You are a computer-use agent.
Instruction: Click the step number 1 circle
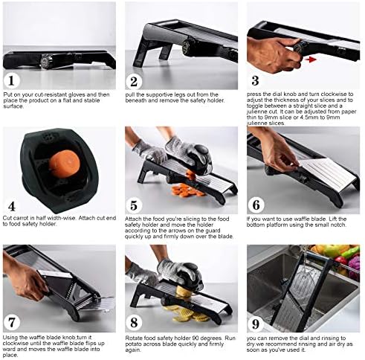[x=11, y=81]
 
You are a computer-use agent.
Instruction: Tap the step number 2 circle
[x=134, y=82]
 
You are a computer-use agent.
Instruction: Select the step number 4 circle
[x=11, y=206]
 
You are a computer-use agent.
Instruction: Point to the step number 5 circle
[x=134, y=205]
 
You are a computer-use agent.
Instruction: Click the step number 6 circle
[x=256, y=205]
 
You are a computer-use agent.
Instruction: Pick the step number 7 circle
[x=12, y=323]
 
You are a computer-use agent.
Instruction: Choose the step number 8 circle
[x=134, y=323]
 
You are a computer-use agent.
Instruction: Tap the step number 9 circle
[x=256, y=324]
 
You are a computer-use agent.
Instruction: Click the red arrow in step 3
[x=311, y=60]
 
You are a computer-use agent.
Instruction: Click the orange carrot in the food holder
[x=65, y=164]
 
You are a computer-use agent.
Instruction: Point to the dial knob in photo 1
[x=45, y=60]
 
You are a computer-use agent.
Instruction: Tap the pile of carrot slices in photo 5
[x=187, y=190]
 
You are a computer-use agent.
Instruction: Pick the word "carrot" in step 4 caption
[x=25, y=218]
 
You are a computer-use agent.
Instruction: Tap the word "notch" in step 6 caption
[x=338, y=225]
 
